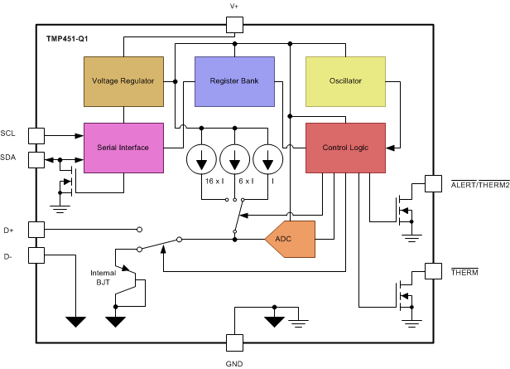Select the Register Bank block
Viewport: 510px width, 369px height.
pyautogui.click(x=233, y=81)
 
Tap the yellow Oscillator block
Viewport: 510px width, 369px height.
pyautogui.click(x=344, y=81)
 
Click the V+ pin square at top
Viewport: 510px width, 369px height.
pyautogui.click(x=234, y=26)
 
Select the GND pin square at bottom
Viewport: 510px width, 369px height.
pyautogui.click(x=234, y=341)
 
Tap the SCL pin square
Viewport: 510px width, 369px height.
pyautogui.click(x=36, y=134)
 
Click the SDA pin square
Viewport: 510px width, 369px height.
pyautogui.click(x=36, y=159)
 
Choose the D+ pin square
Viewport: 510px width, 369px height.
pyautogui.click(x=36, y=229)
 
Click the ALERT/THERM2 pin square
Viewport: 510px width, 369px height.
pyautogui.click(x=432, y=183)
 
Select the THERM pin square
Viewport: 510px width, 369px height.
pyautogui.click(x=432, y=271)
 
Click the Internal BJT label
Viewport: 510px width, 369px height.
pyautogui.click(x=104, y=277)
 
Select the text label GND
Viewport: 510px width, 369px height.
pyautogui.click(x=234, y=362)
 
